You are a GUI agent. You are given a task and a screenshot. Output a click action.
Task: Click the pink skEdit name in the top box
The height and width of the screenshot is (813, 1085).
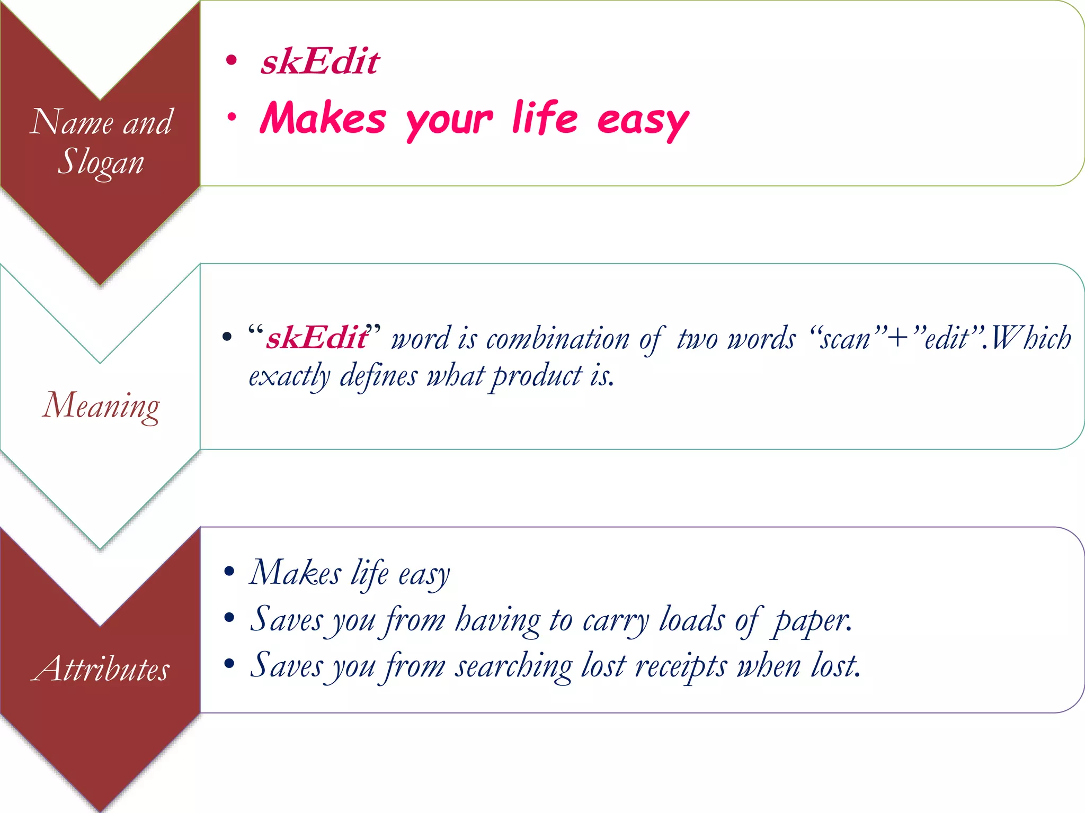pos(320,62)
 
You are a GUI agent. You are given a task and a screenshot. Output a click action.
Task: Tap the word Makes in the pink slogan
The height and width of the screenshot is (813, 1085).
pos(323,119)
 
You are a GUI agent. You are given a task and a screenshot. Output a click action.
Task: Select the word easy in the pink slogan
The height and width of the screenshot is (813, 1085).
pos(643,120)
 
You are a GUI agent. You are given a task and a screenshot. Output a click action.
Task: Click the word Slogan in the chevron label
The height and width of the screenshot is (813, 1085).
pos(101,162)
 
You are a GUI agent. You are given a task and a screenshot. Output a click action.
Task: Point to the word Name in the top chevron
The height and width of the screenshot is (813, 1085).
pos(71,122)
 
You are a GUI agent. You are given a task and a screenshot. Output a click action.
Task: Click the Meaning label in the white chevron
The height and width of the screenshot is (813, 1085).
pos(101,405)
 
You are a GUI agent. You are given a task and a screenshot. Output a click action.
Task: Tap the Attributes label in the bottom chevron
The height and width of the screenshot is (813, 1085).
pos(101,668)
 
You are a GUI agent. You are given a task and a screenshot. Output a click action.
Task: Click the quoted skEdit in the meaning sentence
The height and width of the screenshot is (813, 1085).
pos(316,338)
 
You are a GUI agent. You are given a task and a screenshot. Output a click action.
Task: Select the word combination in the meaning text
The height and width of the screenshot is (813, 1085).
pos(557,339)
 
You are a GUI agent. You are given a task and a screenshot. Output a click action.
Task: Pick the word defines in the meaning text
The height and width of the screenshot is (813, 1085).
pos(378,377)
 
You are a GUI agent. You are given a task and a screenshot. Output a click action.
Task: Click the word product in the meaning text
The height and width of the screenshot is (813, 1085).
pos(537,377)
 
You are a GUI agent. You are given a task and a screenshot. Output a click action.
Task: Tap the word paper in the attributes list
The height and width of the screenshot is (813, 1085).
pos(812,620)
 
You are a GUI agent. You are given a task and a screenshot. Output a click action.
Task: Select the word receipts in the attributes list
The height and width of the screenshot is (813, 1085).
pos(680,666)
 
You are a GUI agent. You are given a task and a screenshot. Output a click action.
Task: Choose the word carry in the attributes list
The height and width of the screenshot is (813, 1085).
pos(615,620)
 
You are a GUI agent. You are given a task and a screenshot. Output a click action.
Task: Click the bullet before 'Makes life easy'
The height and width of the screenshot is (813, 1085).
pos(229,571)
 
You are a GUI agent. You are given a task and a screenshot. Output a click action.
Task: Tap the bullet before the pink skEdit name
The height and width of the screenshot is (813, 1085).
pos(231,60)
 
